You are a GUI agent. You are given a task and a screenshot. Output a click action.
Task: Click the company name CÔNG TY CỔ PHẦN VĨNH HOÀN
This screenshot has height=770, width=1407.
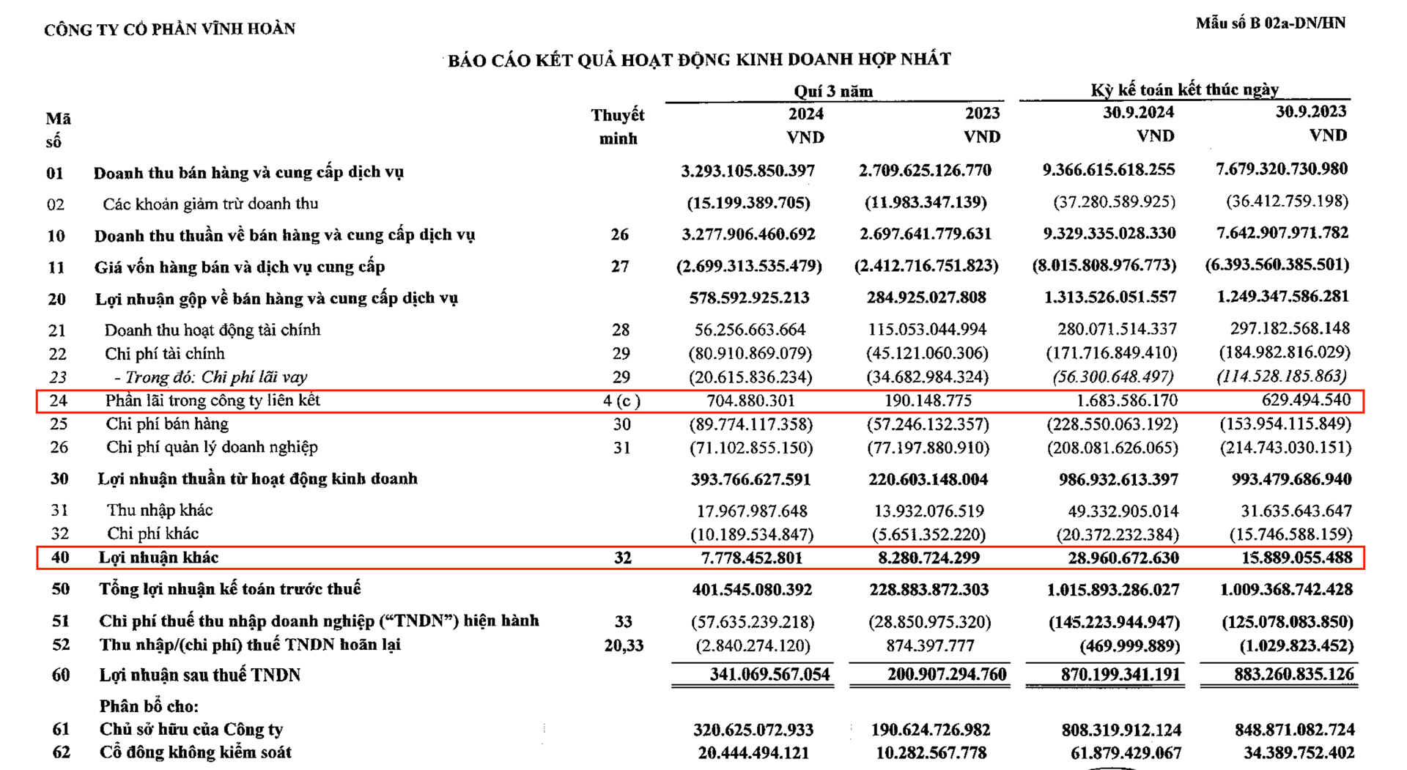coord(169,29)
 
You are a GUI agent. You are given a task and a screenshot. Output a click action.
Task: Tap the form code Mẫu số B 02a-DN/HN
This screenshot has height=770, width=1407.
coord(1270,23)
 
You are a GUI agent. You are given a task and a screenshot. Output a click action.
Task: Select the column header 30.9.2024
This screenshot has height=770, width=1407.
coord(1138,112)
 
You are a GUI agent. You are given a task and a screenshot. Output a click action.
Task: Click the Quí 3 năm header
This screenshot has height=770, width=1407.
coord(833,92)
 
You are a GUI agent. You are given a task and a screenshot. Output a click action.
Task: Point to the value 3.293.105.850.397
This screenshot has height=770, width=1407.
coord(747,171)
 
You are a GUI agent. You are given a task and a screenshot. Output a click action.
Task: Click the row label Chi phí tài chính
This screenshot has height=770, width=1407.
coord(164,354)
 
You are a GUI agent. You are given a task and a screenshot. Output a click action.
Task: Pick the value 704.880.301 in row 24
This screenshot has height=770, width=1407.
coord(750,401)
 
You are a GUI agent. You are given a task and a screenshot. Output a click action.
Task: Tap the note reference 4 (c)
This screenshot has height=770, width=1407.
coord(621,401)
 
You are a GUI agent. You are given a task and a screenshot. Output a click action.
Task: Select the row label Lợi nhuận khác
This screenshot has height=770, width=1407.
coord(158,558)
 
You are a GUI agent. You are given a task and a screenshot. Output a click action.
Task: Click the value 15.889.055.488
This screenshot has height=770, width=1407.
coord(1296,558)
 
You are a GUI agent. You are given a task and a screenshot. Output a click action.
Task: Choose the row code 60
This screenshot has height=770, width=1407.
coord(60,675)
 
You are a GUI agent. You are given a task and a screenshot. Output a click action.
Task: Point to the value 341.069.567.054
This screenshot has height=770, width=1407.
coord(769,675)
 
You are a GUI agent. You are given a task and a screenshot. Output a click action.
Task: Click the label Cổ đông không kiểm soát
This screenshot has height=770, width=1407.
coord(195,752)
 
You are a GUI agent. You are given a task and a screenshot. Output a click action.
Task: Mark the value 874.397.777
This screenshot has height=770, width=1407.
coord(929,645)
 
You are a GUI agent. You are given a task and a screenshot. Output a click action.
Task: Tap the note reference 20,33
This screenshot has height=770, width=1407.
coord(624,645)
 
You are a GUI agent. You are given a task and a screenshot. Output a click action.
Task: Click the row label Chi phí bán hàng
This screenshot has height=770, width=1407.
coord(167,424)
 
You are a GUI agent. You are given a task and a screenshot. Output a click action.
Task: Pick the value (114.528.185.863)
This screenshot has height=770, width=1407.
coord(1282,377)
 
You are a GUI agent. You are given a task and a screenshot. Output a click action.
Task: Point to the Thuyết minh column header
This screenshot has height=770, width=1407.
coord(618,126)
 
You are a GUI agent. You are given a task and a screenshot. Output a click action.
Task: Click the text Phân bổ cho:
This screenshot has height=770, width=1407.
coord(149,706)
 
